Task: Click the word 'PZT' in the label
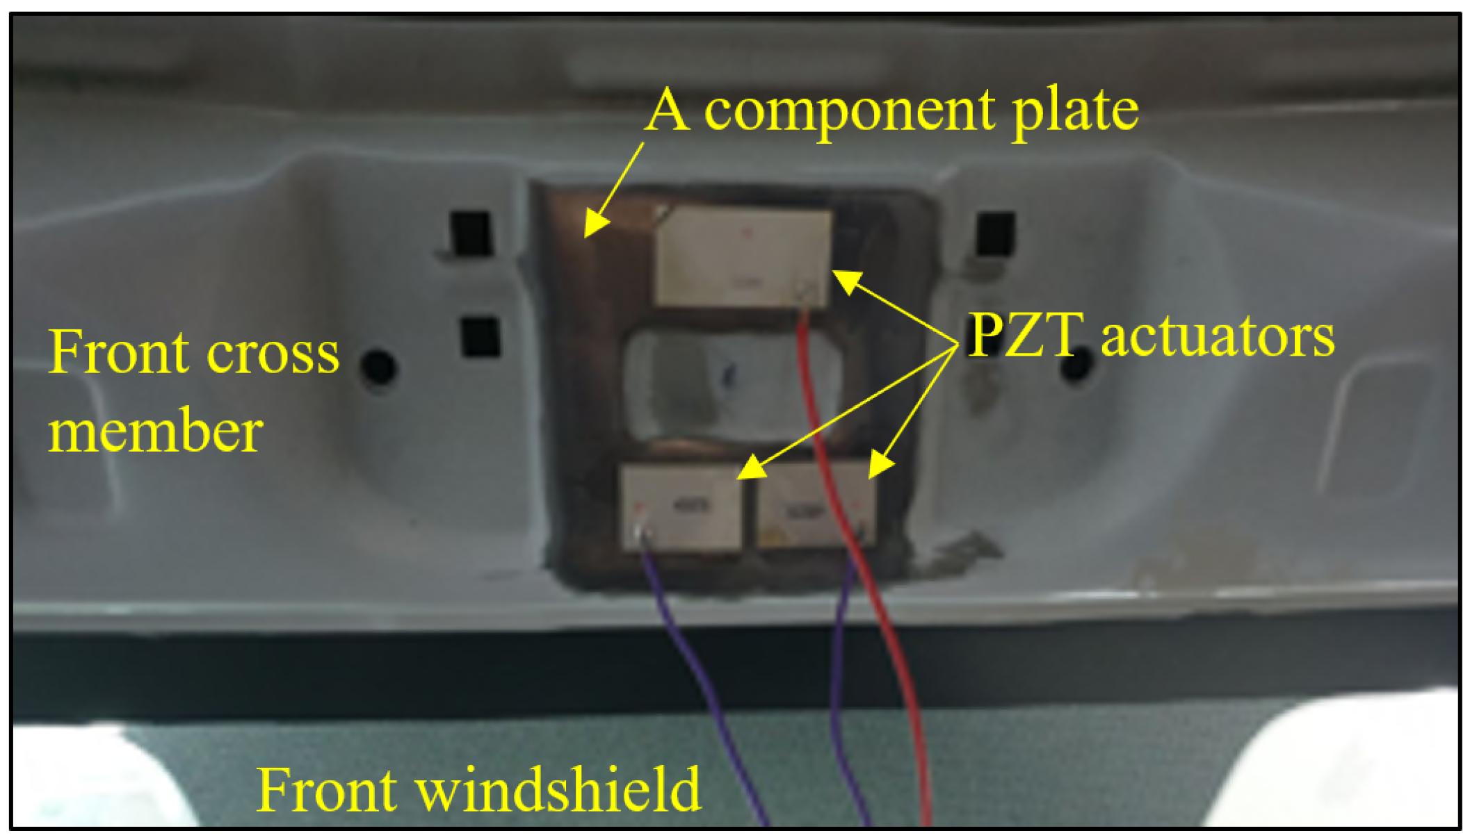[1025, 336]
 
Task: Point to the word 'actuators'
[1218, 337]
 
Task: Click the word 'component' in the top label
[849, 111]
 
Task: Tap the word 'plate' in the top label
[1075, 111]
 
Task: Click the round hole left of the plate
[378, 367]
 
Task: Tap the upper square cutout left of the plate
[471, 233]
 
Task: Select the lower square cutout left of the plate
[480, 337]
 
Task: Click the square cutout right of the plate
[996, 233]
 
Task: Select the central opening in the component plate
[730, 386]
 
